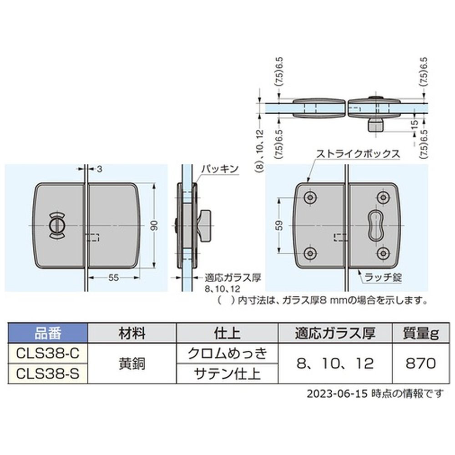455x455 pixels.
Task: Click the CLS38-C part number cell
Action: (48, 353)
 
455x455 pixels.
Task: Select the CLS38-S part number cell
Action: (48, 374)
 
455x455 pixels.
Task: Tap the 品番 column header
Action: (48, 333)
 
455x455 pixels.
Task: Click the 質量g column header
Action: (420, 333)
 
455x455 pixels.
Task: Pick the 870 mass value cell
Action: (420, 363)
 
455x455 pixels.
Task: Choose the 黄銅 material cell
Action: (132, 363)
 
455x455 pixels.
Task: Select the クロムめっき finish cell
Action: (227, 353)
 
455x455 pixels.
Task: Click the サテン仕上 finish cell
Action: (227, 374)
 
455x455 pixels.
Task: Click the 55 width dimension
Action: (113, 278)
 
